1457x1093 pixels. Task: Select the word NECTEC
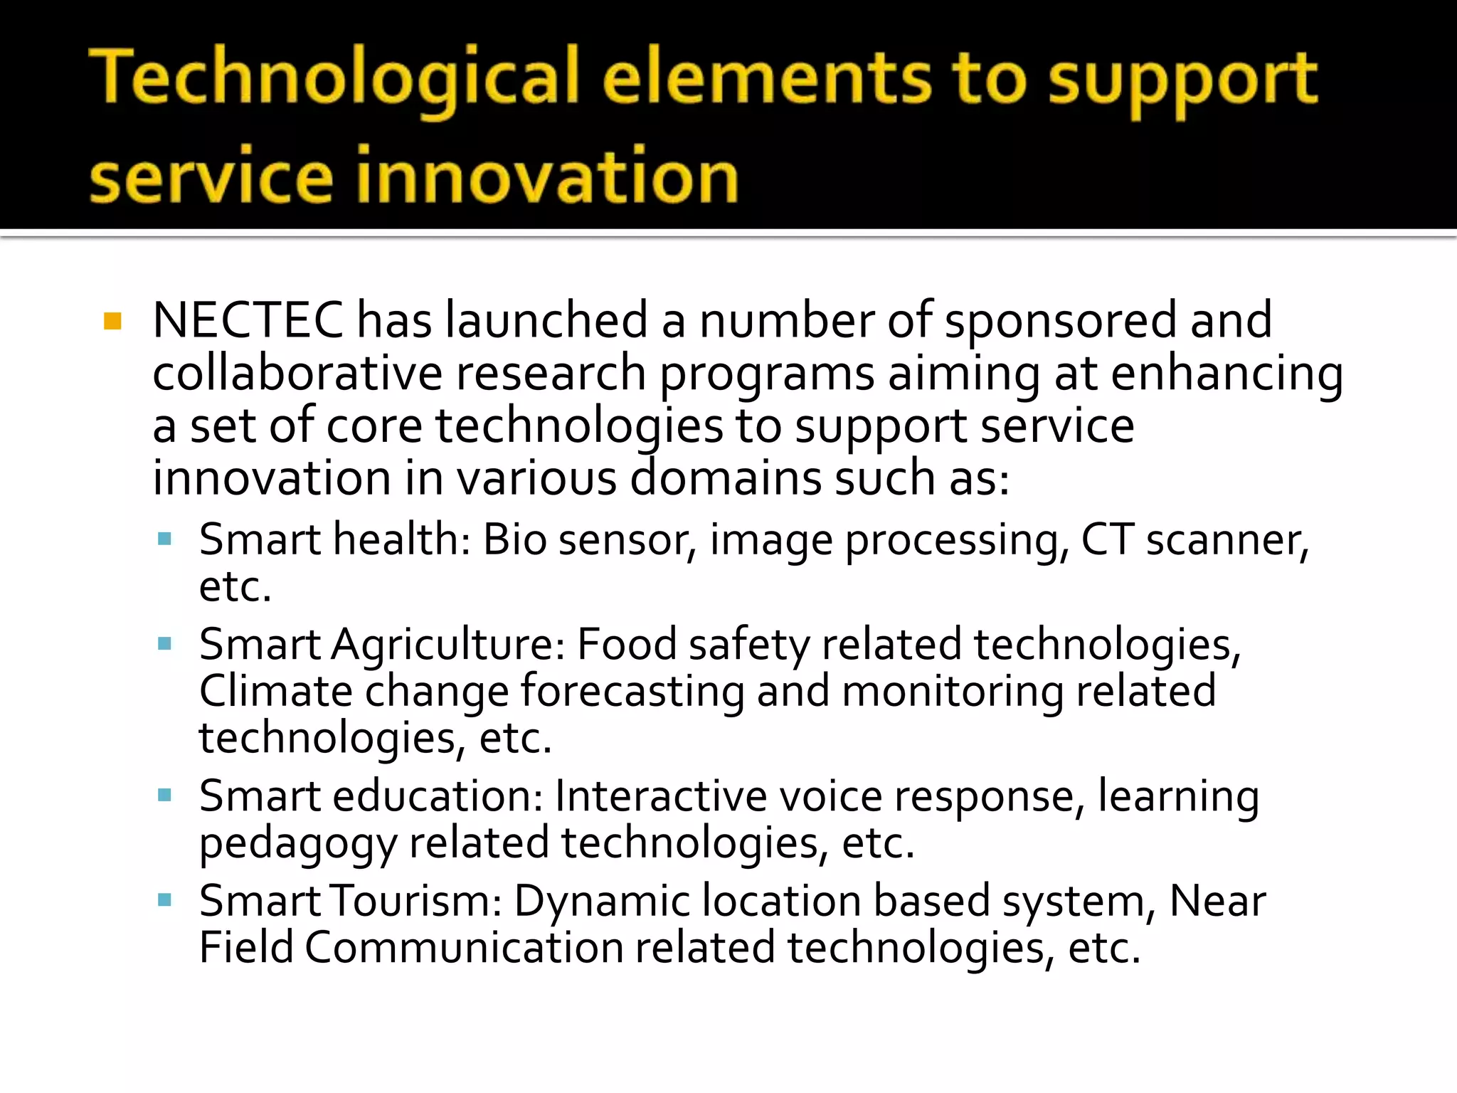[x=248, y=320]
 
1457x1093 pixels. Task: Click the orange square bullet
[x=112, y=321]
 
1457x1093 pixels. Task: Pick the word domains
[x=726, y=478]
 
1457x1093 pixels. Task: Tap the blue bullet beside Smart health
[x=165, y=539]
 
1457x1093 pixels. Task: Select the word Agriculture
[x=447, y=645]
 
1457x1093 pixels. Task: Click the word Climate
[x=275, y=691]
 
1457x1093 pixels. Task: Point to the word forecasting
[x=632, y=692]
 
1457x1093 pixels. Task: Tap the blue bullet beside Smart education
[x=165, y=795]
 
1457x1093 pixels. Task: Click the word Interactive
[x=660, y=796]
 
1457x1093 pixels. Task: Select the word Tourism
[x=417, y=901]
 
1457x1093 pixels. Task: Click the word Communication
[x=464, y=948]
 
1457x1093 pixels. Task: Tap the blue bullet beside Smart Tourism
[x=165, y=900]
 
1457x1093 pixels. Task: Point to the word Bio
[x=514, y=539]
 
